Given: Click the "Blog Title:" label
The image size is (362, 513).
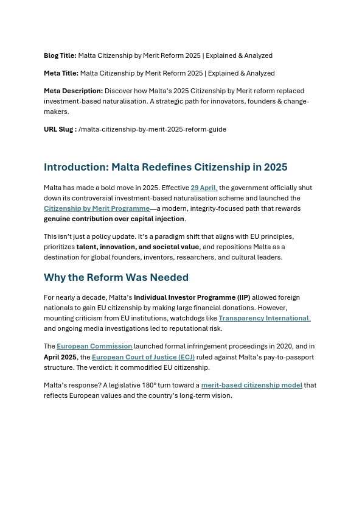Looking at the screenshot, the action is [60, 55].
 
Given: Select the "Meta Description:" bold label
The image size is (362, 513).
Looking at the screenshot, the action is [73, 91].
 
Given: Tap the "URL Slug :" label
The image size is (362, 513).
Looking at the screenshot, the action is [60, 129].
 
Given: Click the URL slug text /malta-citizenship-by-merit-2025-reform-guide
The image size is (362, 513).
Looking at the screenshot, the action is [152, 129].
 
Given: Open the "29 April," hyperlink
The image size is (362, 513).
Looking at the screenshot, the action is [204, 188].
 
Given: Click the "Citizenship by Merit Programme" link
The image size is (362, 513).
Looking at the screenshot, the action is [97, 208].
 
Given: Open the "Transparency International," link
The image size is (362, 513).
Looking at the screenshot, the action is [264, 318].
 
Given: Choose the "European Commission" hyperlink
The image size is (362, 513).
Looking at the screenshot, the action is [94, 346].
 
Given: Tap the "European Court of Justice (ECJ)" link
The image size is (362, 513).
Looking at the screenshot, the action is [143, 357].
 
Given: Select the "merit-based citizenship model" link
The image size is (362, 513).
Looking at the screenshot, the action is [251, 385].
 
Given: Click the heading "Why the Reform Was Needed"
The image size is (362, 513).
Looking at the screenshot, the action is [116, 277].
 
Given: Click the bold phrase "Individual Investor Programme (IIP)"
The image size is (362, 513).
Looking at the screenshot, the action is [192, 297].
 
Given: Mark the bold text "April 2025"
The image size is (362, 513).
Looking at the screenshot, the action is [60, 357].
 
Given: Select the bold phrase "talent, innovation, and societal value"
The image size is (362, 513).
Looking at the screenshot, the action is [137, 247].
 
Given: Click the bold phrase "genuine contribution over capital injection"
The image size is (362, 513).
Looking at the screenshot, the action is [114, 219].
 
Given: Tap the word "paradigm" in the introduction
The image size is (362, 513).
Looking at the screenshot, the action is [173, 236].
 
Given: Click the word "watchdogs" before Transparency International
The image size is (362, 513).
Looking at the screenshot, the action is [187, 318].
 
